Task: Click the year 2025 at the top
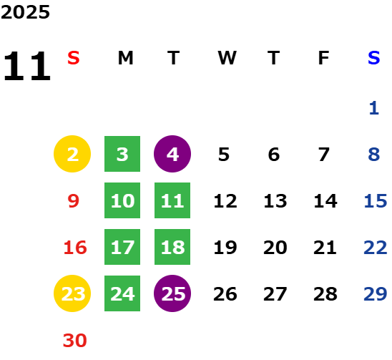point(25,12)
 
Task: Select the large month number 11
point(27,66)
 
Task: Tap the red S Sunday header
point(74,58)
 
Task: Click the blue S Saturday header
point(374,58)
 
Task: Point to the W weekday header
point(227,58)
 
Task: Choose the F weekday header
point(323,58)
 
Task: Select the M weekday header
point(125,58)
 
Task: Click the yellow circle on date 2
point(72,154)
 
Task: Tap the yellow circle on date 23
point(72,293)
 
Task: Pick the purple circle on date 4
point(172,154)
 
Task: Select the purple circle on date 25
point(172,293)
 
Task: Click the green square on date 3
point(122,154)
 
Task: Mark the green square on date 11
point(172,200)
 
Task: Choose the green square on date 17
point(122,247)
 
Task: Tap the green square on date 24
point(122,293)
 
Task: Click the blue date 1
point(374,108)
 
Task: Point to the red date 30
point(74,341)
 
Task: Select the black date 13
point(275,201)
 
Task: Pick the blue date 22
point(376,248)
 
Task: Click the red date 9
point(74,201)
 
